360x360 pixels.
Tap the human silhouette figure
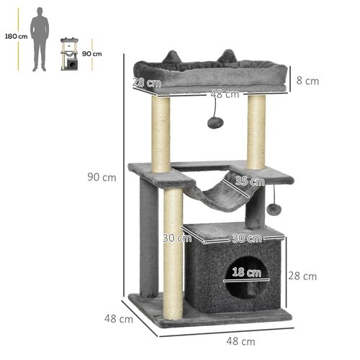pos(40,40)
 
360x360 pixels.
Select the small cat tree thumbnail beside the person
pos(70,54)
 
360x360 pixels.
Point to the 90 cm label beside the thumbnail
pos(91,53)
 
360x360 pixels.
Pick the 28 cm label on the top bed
pos(142,82)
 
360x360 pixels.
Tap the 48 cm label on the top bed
pos(225,94)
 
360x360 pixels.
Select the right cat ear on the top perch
pos(230,55)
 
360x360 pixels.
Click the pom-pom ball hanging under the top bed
pos(214,122)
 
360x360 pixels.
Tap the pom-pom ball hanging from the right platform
pos(274,209)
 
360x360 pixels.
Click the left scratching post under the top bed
pos(161,133)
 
